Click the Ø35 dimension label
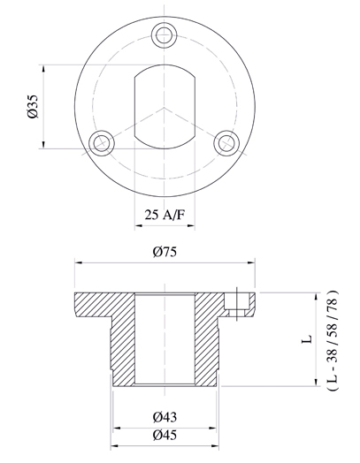pyautogui.click(x=33, y=107)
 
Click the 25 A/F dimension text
pyautogui.click(x=165, y=213)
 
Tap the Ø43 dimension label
pyautogui.click(x=165, y=416)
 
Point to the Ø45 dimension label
pyautogui.click(x=165, y=436)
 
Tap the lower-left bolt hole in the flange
pyautogui.click(x=103, y=140)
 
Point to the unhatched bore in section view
pyautogui.click(x=165, y=340)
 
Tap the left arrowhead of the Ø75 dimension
pyautogui.click(x=78, y=262)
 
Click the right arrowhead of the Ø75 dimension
pyautogui.click(x=250, y=262)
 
